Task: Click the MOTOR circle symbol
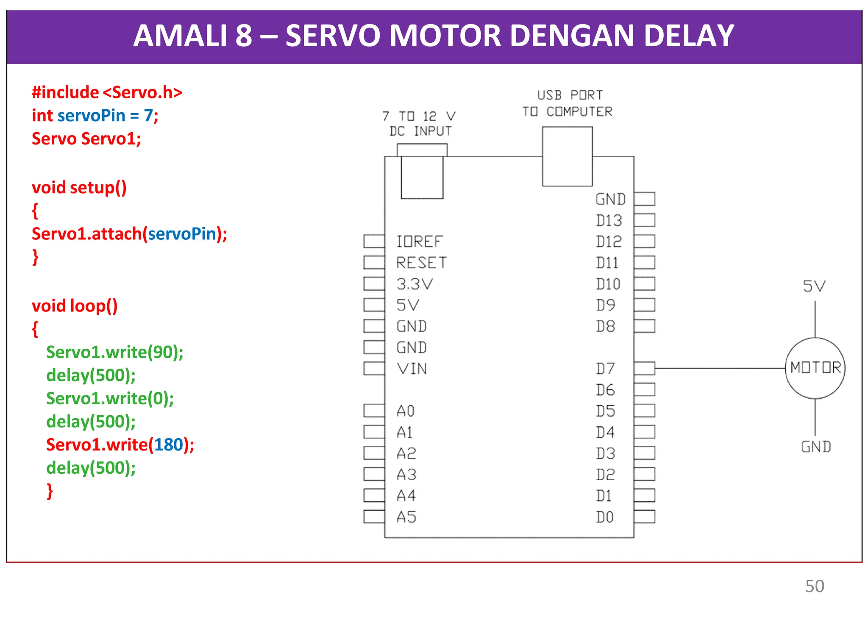pyautogui.click(x=815, y=368)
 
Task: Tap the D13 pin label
pyautogui.click(x=609, y=220)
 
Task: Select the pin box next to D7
pyautogui.click(x=644, y=368)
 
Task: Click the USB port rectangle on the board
pyautogui.click(x=567, y=156)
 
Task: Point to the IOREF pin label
pyautogui.click(x=419, y=242)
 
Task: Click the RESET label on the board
pyautogui.click(x=421, y=263)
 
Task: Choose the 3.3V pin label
pyautogui.click(x=415, y=284)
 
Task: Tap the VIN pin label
pyautogui.click(x=412, y=369)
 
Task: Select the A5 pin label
pyautogui.click(x=406, y=517)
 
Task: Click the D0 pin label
pyautogui.click(x=605, y=517)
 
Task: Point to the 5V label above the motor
pyautogui.click(x=814, y=286)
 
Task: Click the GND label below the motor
pyautogui.click(x=815, y=447)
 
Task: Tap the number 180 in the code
pyautogui.click(x=168, y=445)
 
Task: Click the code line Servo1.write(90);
pyautogui.click(x=115, y=352)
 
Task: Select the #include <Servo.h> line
pyautogui.click(x=107, y=92)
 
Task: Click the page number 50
pyautogui.click(x=814, y=586)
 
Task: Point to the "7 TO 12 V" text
pyautogui.click(x=418, y=116)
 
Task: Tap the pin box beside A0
pyautogui.click(x=374, y=411)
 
